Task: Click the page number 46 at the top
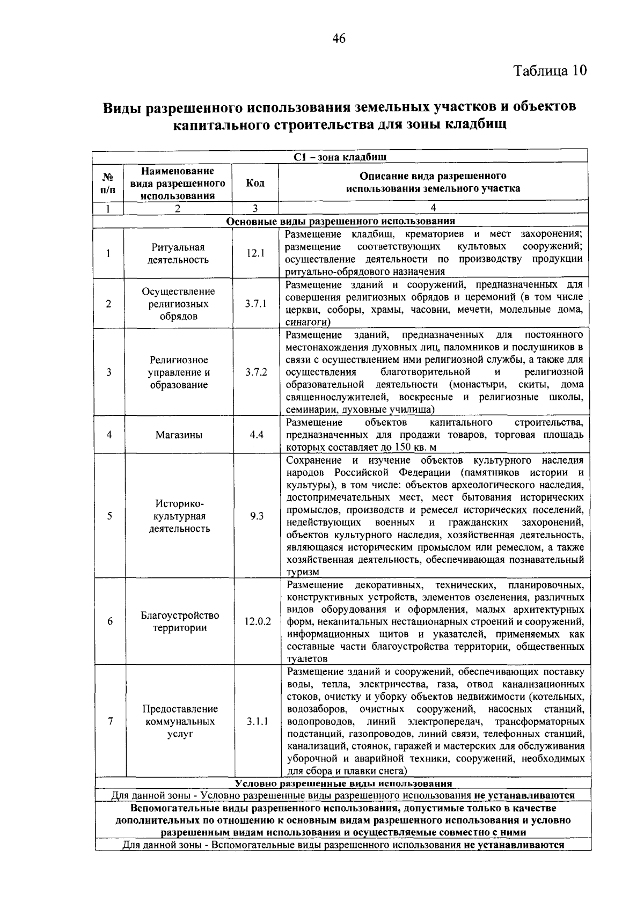click(339, 38)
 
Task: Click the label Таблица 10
click(550, 71)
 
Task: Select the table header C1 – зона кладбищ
click(340, 157)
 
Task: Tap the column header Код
click(255, 183)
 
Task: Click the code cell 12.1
click(255, 253)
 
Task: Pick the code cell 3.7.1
click(256, 304)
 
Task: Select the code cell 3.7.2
click(256, 372)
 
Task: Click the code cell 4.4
click(256, 435)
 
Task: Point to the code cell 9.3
click(257, 516)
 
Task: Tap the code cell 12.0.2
click(258, 621)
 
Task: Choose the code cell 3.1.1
click(257, 722)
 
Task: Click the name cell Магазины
click(179, 435)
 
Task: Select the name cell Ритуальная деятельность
click(179, 254)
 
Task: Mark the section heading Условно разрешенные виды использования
click(343, 784)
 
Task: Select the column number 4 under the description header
click(433, 208)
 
